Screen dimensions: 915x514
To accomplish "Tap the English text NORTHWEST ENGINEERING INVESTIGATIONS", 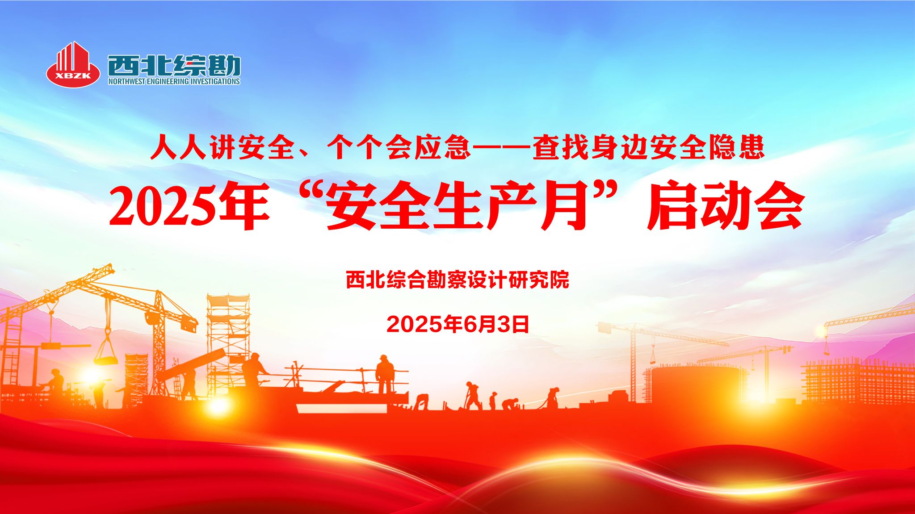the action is tap(174, 81).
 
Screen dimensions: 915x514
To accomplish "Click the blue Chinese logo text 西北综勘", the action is tap(174, 66).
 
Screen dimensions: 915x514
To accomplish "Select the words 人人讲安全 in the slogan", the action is tap(222, 147).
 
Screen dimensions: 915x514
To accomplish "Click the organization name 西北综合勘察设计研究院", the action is tap(457, 280).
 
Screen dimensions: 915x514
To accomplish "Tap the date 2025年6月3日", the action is tap(457, 324).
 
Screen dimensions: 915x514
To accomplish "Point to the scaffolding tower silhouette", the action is tap(227, 339).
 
